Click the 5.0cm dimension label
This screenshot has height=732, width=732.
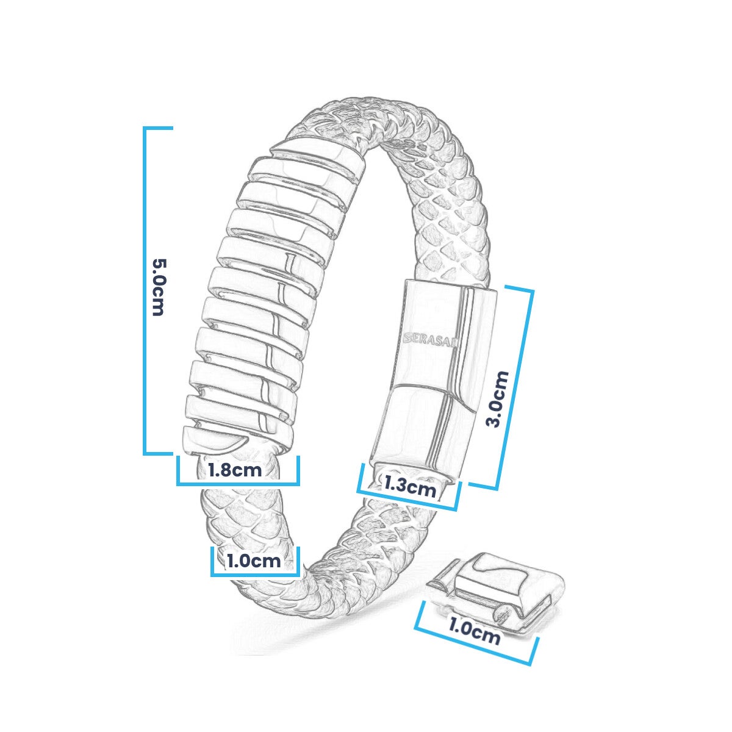tap(158, 287)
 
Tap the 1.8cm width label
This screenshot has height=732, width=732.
tap(235, 470)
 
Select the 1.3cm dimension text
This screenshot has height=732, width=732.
tap(410, 487)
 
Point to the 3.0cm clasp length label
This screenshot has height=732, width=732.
tap(497, 399)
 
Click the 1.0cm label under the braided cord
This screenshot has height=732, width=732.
tap(254, 561)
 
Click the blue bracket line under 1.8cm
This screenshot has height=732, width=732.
tap(238, 484)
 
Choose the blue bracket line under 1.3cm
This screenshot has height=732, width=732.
tap(407, 500)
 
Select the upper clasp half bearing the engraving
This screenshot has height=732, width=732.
tap(445, 335)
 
